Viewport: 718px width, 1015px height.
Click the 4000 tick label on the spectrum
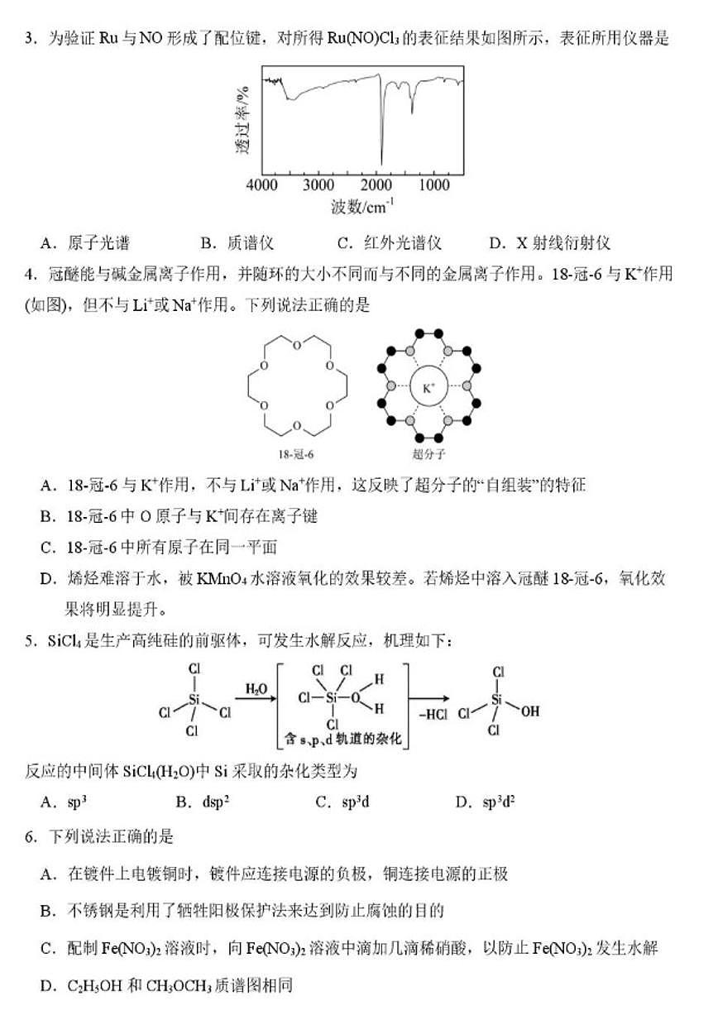point(262,186)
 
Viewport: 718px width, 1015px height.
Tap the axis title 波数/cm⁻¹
point(362,208)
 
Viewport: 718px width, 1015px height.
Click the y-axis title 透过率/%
point(242,119)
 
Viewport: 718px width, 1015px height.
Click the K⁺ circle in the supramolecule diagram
point(428,387)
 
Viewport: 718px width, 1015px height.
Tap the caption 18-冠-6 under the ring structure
point(297,453)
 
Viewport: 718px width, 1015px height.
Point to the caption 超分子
point(428,453)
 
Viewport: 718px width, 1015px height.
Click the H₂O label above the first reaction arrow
point(256,688)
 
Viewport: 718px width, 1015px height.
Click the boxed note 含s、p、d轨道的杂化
point(342,738)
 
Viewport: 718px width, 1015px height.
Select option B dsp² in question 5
point(203,802)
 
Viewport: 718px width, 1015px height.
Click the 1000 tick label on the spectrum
point(433,186)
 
